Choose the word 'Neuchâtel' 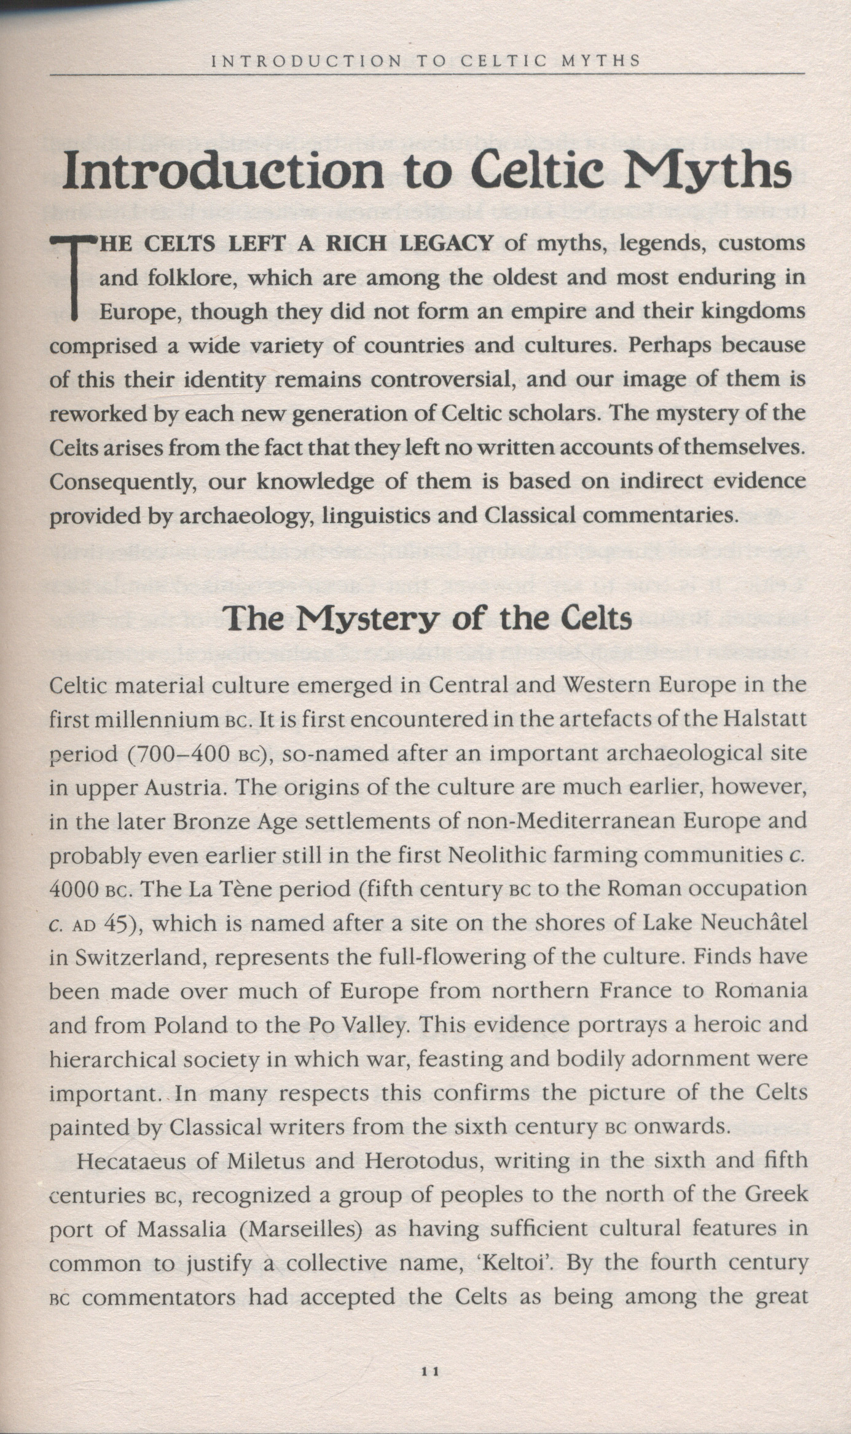point(753,923)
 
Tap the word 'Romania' point(762,991)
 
